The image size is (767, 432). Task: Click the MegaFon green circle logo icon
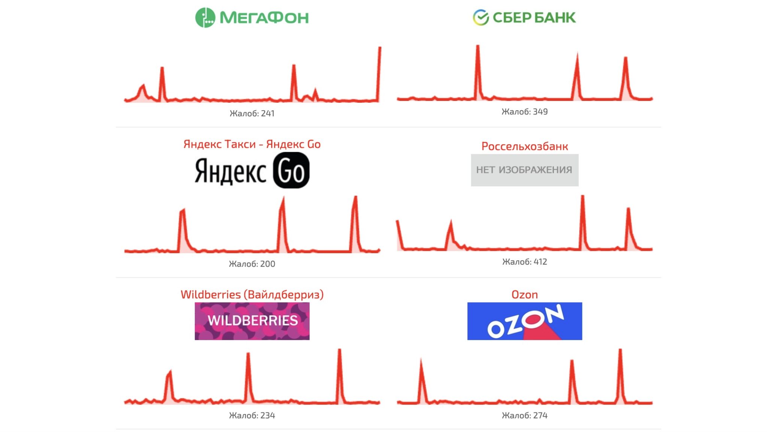[x=205, y=17]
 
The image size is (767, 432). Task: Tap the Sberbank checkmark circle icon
[x=481, y=17]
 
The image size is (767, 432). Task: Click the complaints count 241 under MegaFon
[x=252, y=113]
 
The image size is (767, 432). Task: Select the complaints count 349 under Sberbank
[x=525, y=111]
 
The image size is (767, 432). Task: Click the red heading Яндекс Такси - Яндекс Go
[x=252, y=144]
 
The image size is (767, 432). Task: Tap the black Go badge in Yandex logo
[x=291, y=171]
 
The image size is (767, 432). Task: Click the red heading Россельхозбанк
[x=525, y=146]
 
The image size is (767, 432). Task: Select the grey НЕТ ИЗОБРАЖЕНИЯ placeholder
[x=525, y=170]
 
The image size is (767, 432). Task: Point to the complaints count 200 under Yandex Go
[x=252, y=264]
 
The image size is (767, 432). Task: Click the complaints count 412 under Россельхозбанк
[x=525, y=261]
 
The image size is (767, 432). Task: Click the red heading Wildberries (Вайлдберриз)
[x=252, y=294]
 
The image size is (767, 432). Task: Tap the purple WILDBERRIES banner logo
[x=252, y=321]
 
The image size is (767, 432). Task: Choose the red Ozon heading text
[x=525, y=294]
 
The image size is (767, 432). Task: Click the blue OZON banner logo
[x=525, y=321]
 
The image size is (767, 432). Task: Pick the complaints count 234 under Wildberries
[x=252, y=415]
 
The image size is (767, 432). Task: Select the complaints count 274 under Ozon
[x=525, y=415]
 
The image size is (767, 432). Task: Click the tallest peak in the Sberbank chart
[x=478, y=46]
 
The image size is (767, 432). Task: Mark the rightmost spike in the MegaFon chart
[x=380, y=48]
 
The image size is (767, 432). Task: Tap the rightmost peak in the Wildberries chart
[x=339, y=350]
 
